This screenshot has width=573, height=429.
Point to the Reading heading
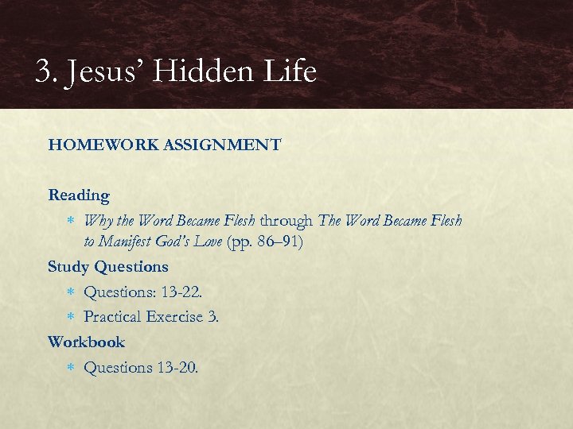tap(79, 195)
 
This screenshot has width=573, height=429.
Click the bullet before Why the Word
tap(71, 221)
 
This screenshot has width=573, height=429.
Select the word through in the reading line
tap(286, 221)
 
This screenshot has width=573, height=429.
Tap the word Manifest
tap(131, 242)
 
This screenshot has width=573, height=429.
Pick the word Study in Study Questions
tap(68, 267)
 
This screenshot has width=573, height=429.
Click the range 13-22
tap(181, 292)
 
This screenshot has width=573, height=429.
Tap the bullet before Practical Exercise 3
tap(71, 317)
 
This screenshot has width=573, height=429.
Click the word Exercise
tap(174, 317)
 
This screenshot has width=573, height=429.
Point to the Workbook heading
tap(86, 342)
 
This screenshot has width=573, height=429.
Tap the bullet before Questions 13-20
tap(71, 367)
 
